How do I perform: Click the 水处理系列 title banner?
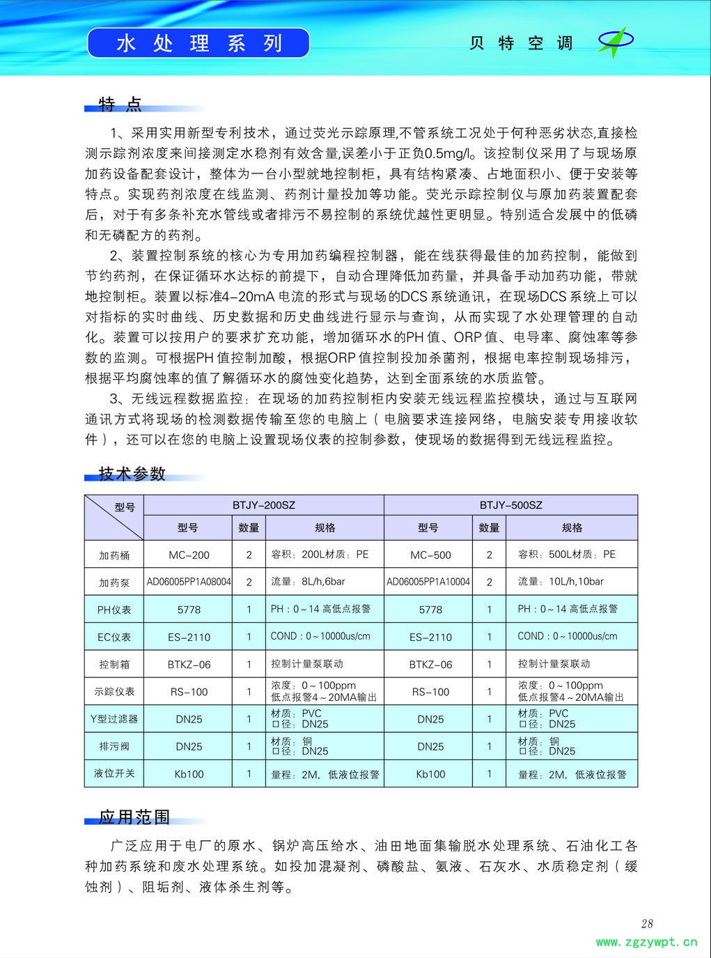pyautogui.click(x=198, y=43)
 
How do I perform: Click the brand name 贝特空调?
pyautogui.click(x=520, y=43)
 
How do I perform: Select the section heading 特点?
pyautogui.click(x=120, y=105)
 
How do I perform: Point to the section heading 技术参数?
pyautogui.click(x=132, y=474)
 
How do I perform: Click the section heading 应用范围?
pyautogui.click(x=134, y=817)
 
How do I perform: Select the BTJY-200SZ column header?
pyautogui.click(x=263, y=505)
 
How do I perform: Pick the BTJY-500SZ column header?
pyautogui.click(x=510, y=505)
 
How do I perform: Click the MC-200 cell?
pyautogui.click(x=189, y=555)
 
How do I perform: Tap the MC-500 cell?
pyautogui.click(x=430, y=555)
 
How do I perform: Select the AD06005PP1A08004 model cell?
pyautogui.click(x=189, y=582)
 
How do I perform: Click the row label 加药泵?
pyautogui.click(x=114, y=582)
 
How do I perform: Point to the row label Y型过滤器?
pyautogui.click(x=114, y=719)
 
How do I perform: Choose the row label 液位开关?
pyautogui.click(x=114, y=773)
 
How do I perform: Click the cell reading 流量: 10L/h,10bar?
pyautogui.click(x=561, y=581)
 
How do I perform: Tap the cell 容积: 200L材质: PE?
pyautogui.click(x=320, y=555)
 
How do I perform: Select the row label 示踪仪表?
pyautogui.click(x=114, y=692)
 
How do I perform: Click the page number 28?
pyautogui.click(x=647, y=924)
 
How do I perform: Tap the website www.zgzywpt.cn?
pyautogui.click(x=646, y=943)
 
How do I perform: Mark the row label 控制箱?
pyautogui.click(x=114, y=665)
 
